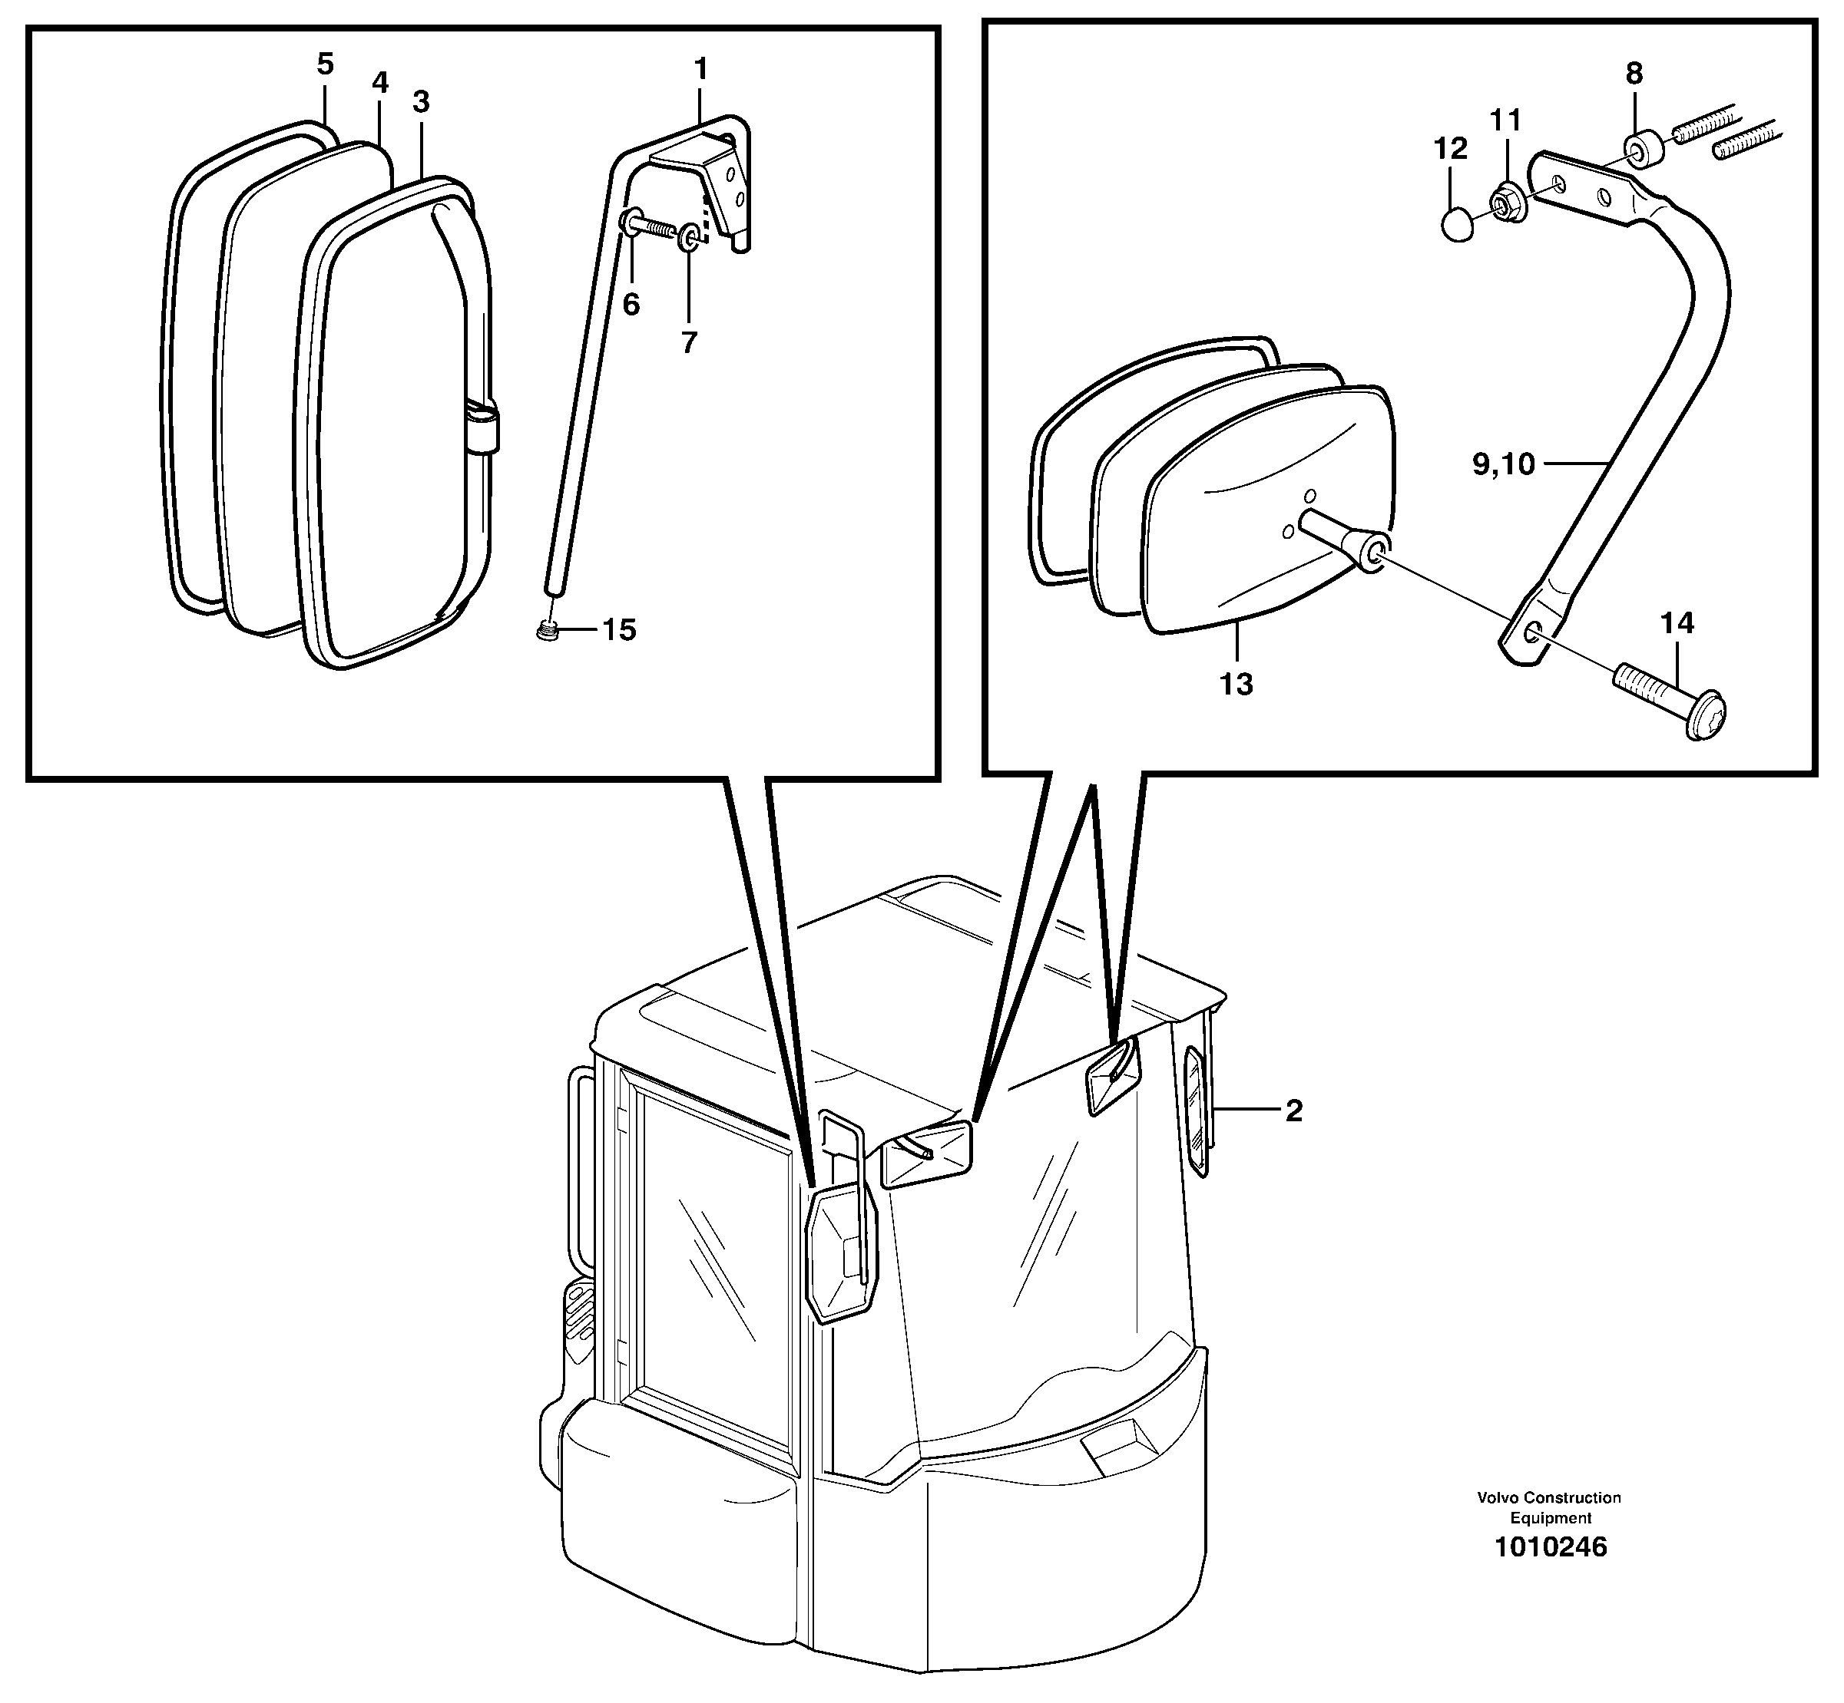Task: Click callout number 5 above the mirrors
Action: [325, 64]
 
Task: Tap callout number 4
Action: [380, 83]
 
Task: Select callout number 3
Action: [422, 102]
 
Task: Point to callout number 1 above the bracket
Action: [700, 69]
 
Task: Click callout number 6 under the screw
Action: [631, 304]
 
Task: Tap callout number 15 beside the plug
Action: [619, 630]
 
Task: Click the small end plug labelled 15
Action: [548, 632]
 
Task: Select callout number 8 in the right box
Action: [1634, 74]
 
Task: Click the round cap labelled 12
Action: [1457, 224]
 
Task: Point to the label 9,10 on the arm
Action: [1503, 464]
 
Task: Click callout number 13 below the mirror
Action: [1237, 684]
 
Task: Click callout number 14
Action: [1677, 624]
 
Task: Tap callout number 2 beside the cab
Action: [1293, 1111]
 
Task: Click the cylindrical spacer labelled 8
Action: [1642, 151]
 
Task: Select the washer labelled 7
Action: [689, 240]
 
